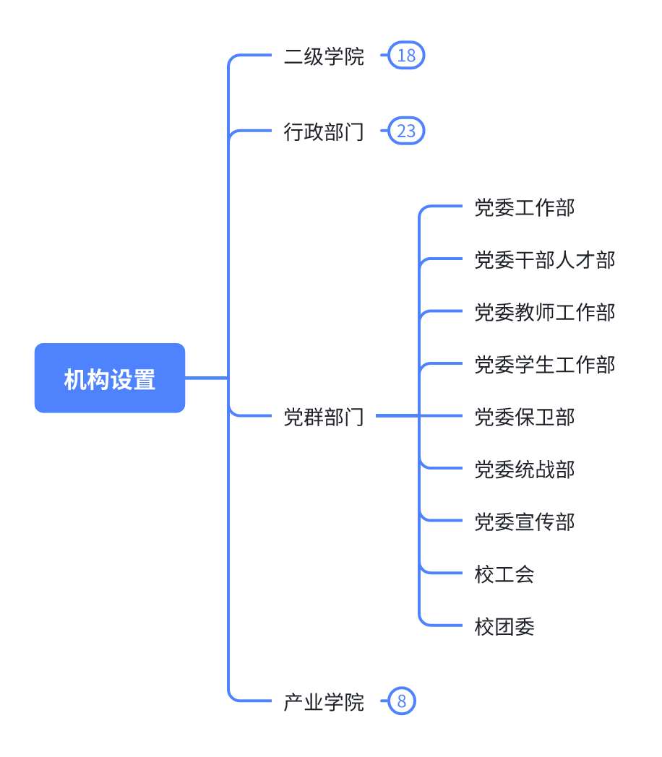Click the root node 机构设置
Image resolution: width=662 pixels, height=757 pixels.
point(110,378)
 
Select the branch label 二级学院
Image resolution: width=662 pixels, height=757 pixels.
point(324,56)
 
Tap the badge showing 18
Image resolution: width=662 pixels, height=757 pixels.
point(406,56)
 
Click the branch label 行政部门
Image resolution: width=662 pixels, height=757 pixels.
point(324,131)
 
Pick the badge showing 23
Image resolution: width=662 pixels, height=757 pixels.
point(406,131)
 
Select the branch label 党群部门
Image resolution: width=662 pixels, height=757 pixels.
point(324,417)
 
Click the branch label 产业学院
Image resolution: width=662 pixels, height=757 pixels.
point(324,702)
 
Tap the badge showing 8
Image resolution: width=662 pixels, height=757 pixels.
point(402,701)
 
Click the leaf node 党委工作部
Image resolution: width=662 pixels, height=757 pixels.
point(525,207)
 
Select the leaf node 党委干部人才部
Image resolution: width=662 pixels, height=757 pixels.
point(545,260)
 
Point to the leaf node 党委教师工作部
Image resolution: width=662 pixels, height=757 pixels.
point(545,312)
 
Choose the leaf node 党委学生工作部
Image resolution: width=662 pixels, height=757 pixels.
point(545,365)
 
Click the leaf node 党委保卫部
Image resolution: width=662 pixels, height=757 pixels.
point(525,417)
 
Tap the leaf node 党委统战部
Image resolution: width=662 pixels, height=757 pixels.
point(525,470)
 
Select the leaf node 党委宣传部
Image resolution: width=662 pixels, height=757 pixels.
point(525,522)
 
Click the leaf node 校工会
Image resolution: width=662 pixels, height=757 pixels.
point(504,574)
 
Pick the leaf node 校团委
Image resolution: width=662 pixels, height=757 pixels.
point(504,627)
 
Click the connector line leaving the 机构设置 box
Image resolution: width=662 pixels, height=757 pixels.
point(207,378)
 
